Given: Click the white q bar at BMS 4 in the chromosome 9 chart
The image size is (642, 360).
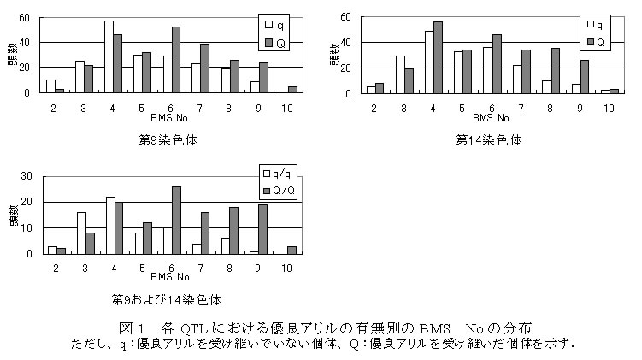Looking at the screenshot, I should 109,56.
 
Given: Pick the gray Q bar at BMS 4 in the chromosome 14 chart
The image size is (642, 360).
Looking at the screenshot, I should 439,57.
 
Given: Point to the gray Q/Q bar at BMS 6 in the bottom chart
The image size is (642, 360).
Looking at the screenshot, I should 176,220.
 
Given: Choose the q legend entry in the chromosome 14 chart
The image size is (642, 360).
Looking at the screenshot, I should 592,25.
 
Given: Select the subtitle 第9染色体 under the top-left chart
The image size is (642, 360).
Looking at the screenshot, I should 168,139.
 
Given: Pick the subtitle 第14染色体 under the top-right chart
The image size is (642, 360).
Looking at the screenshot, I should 489,139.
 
